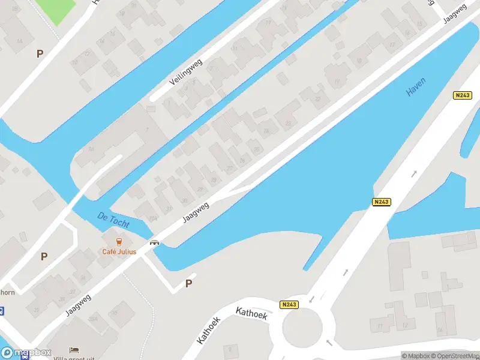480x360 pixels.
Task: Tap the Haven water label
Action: tap(416, 87)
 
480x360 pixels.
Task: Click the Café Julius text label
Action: tap(119, 251)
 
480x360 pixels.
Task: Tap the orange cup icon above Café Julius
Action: tap(119, 242)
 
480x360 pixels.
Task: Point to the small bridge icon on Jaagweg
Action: tap(155, 242)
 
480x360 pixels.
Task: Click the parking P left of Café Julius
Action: tap(44, 256)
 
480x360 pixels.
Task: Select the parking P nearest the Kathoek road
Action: tap(188, 284)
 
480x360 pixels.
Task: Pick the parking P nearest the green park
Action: tap(40, 53)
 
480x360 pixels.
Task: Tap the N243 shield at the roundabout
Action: tap(289, 305)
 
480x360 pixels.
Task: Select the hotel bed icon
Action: tap(74, 350)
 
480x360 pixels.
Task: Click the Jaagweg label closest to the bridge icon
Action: tap(196, 212)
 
